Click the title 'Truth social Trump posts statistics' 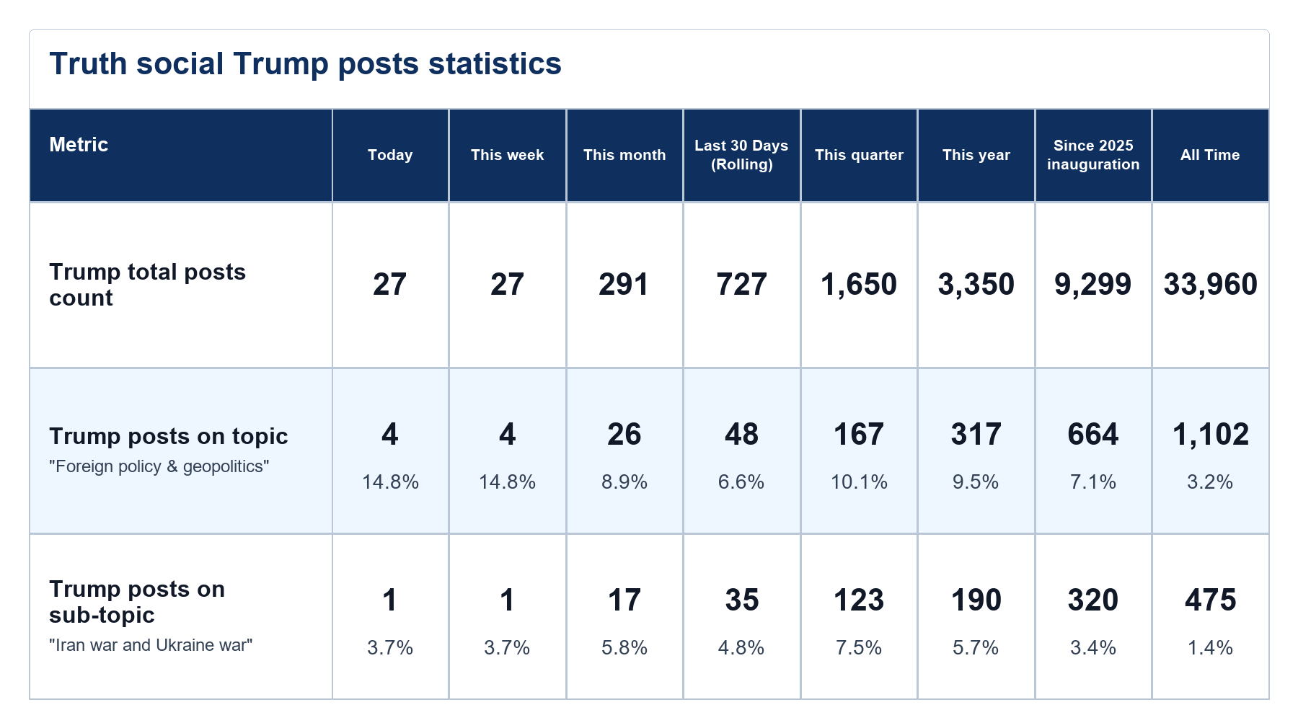[305, 63]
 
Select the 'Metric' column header [79, 145]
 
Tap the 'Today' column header [390, 155]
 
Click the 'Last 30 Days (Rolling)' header [741, 155]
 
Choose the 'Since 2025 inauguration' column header [1093, 155]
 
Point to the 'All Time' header [1210, 155]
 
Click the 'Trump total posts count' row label [147, 285]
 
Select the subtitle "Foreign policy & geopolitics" [159, 466]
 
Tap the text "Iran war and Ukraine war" [151, 645]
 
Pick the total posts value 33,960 [1210, 285]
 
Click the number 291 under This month [624, 285]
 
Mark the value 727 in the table [741, 285]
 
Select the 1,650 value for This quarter [859, 285]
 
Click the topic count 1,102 [1210, 435]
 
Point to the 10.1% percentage [859, 481]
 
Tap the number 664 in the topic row [1093, 435]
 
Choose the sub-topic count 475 [1210, 600]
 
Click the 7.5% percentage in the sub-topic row [859, 647]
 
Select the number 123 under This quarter [859, 600]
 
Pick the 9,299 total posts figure [1093, 285]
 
